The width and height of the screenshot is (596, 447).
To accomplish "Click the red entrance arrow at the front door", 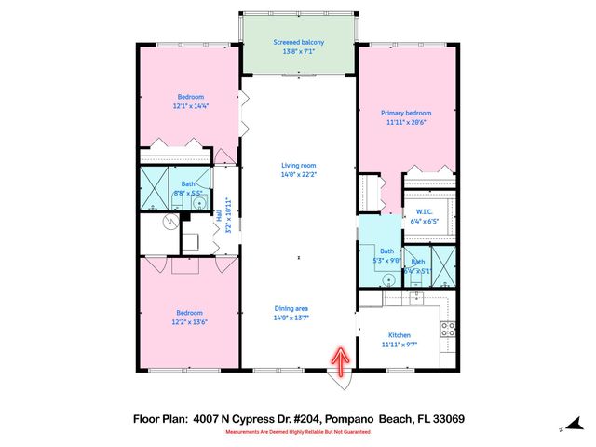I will click(341, 360).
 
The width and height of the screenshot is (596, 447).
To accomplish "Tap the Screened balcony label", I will click(298, 42).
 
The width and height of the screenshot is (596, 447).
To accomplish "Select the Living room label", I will click(298, 165).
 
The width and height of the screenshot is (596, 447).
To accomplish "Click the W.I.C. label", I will click(422, 213).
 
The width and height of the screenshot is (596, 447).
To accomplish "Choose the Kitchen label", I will click(400, 335).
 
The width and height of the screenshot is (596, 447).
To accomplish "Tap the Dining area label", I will click(291, 309).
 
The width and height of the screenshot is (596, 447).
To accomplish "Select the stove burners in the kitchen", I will click(446, 328).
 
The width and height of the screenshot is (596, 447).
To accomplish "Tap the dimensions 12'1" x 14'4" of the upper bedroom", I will click(191, 105).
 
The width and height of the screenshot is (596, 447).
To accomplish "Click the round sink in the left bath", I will click(200, 202).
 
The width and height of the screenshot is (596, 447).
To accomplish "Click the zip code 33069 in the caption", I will click(446, 420).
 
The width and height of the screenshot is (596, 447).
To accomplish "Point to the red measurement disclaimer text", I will click(297, 432).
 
